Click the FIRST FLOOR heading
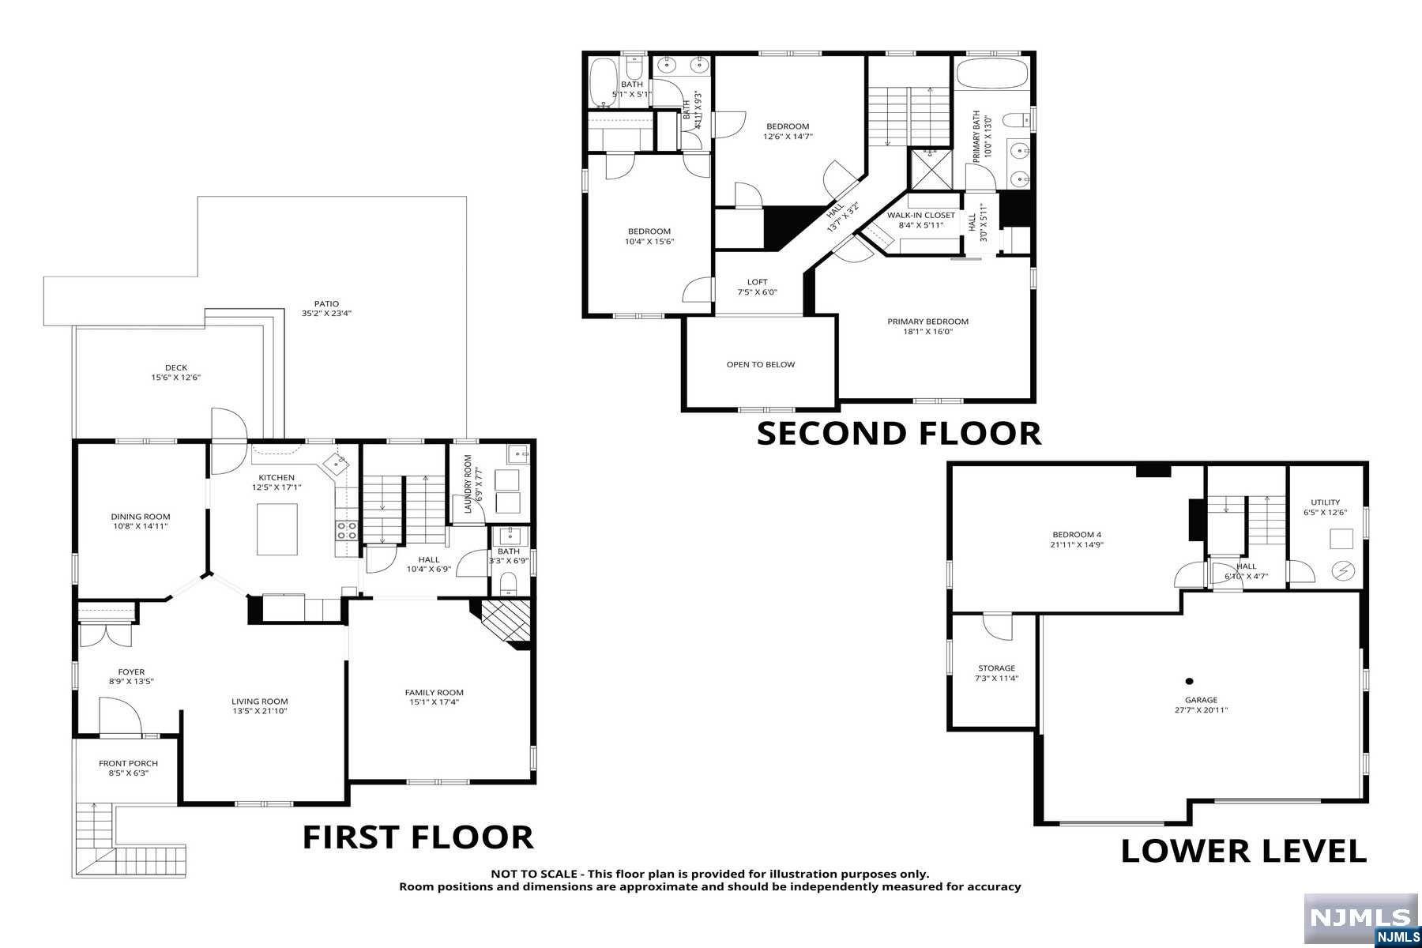(x=418, y=837)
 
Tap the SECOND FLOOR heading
(x=899, y=434)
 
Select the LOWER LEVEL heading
(x=1243, y=851)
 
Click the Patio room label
(x=326, y=303)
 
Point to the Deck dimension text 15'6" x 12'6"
(x=176, y=378)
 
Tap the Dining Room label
(x=141, y=517)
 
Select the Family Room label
(x=434, y=693)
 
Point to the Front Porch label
(x=128, y=763)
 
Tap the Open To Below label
(x=761, y=364)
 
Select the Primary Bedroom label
(x=928, y=322)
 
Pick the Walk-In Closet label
(x=921, y=215)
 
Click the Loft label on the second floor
(x=758, y=282)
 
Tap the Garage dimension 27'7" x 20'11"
(x=1201, y=710)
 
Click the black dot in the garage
(x=1189, y=681)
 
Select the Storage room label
(x=997, y=668)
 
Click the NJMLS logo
(x=1361, y=920)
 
